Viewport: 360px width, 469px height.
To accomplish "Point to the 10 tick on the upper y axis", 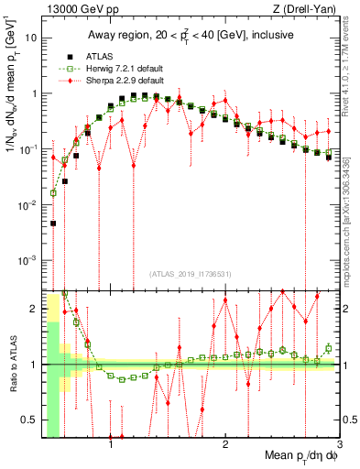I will pos(30,38).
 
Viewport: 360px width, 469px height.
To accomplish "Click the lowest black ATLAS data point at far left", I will pos(53,223).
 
